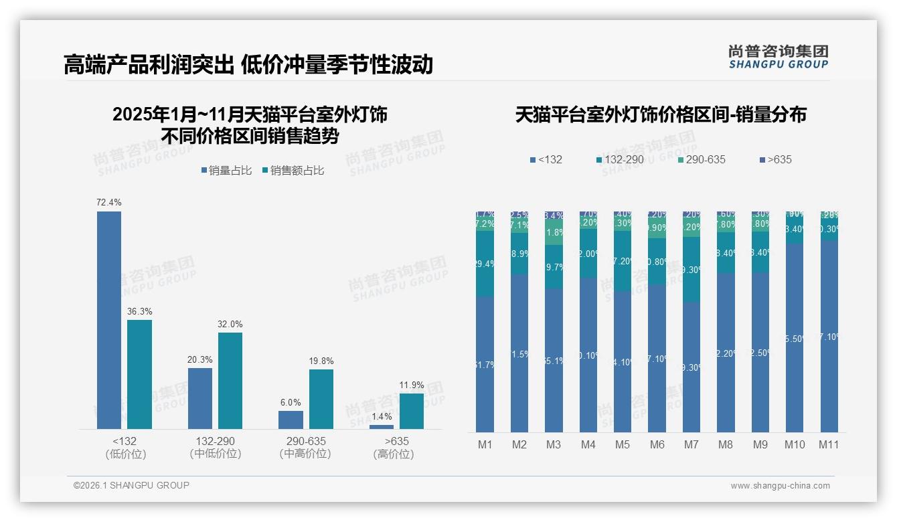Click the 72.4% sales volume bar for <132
coord(109,320)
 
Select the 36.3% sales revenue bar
coord(140,374)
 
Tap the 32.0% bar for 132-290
coord(230,381)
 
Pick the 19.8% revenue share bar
coord(321,399)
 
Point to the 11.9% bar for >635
coord(412,411)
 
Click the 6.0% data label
coord(291,403)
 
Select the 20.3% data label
coord(200,359)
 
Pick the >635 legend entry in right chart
coord(779,159)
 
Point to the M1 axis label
coord(485,444)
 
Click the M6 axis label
coord(657,444)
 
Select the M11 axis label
coord(829,444)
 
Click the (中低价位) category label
coord(216,454)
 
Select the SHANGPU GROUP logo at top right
coord(779,56)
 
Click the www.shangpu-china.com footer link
coord(780,486)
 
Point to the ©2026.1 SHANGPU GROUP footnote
coord(131,485)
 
